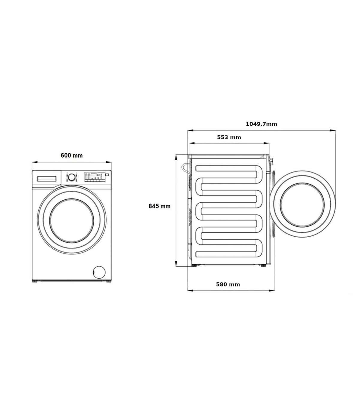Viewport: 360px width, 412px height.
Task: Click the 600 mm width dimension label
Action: [x=72, y=156]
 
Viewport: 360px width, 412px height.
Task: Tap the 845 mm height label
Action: [x=160, y=206]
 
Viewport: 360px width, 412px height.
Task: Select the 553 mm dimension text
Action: [x=229, y=137]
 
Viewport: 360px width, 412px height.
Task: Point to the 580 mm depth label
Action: [x=228, y=284]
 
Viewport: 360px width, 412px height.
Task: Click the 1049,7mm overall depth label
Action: [x=262, y=124]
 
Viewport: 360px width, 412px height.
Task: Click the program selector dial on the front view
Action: [x=71, y=177]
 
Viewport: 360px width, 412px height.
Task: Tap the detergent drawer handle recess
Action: [x=47, y=179]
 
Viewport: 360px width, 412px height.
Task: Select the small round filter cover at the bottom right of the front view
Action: [x=99, y=272]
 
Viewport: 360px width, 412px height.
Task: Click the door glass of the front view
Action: [x=72, y=221]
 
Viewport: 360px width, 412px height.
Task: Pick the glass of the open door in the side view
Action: [x=302, y=205]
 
